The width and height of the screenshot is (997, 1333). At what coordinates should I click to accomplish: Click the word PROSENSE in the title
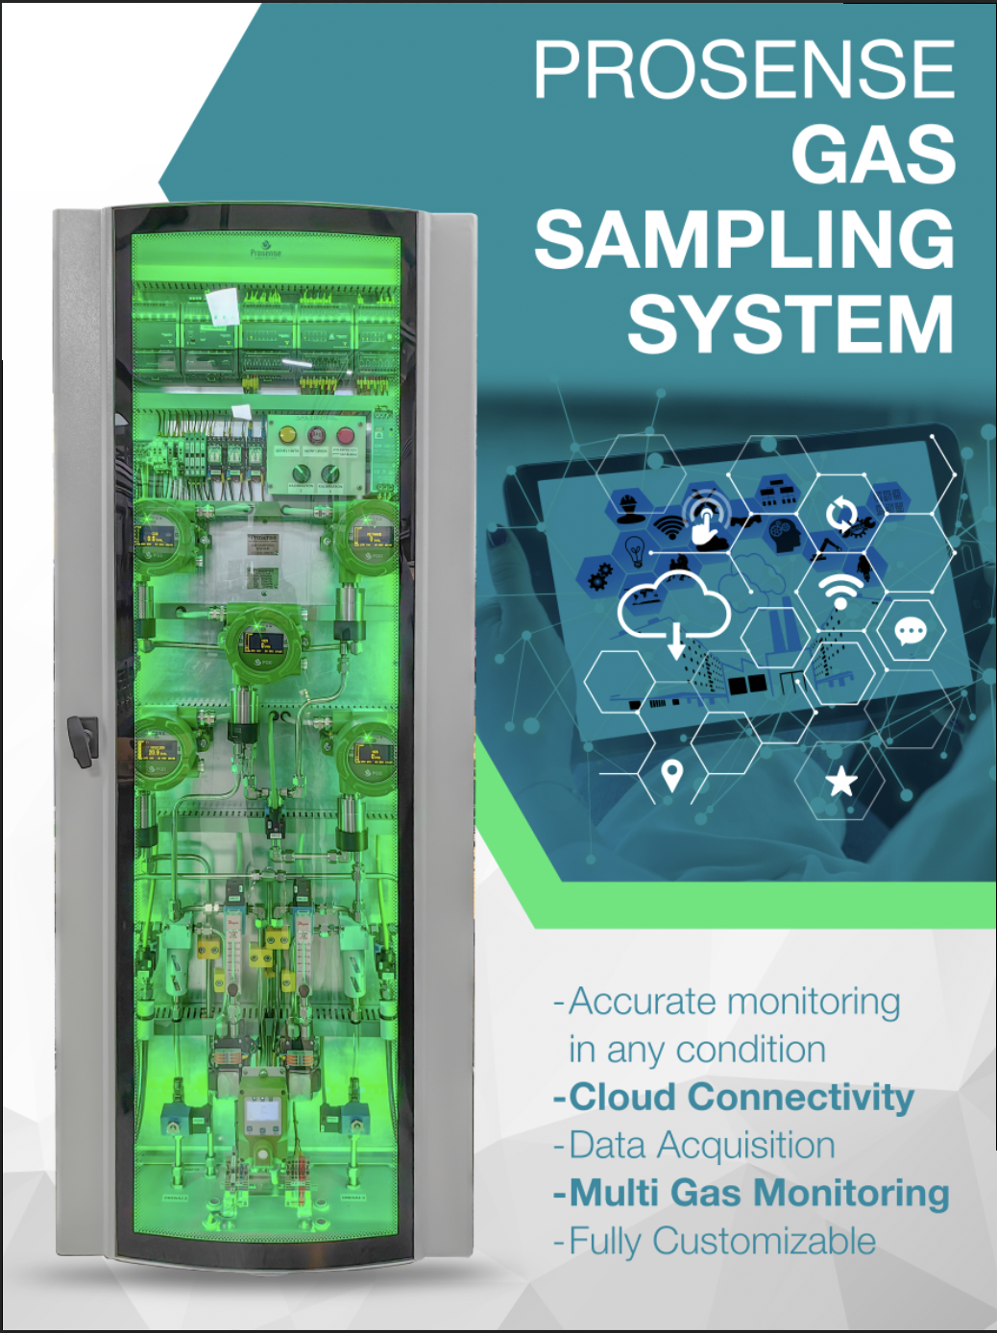[x=744, y=69]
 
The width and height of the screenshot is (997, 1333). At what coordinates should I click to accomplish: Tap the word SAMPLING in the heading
[x=744, y=240]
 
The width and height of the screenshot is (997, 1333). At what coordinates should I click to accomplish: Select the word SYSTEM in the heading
[x=790, y=325]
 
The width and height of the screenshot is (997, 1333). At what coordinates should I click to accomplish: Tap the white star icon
[x=841, y=782]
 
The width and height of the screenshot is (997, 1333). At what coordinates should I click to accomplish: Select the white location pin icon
[x=671, y=774]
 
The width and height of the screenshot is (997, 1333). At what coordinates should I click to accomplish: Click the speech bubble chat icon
[x=910, y=631]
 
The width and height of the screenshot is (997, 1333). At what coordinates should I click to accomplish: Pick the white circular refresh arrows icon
[x=841, y=515]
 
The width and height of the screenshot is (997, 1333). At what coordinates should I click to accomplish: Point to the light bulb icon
[x=634, y=549]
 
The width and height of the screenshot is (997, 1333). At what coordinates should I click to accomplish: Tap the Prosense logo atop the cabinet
[x=265, y=250]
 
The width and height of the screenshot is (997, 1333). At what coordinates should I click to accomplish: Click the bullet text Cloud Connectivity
[x=741, y=1097]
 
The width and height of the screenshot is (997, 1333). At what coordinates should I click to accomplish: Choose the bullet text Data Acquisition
[x=701, y=1145]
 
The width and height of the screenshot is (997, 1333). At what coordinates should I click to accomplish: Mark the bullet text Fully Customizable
[x=721, y=1241]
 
